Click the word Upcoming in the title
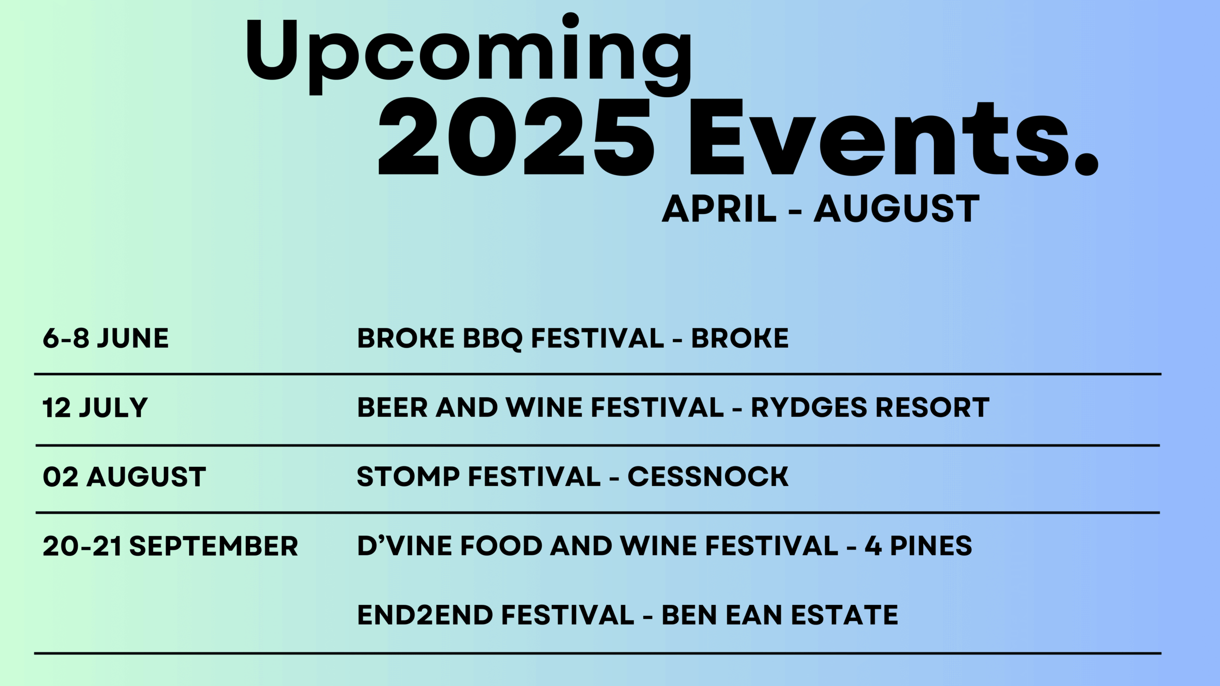coord(469,55)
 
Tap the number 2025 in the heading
coord(516,137)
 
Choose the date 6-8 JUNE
coord(106,338)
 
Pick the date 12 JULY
coord(95,408)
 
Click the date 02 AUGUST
coord(124,477)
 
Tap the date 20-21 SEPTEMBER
coord(170,546)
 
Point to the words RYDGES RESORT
coord(870,408)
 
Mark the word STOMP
coord(408,477)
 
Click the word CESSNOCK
coord(708,477)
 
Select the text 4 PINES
coord(918,546)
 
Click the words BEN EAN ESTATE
coord(780,615)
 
